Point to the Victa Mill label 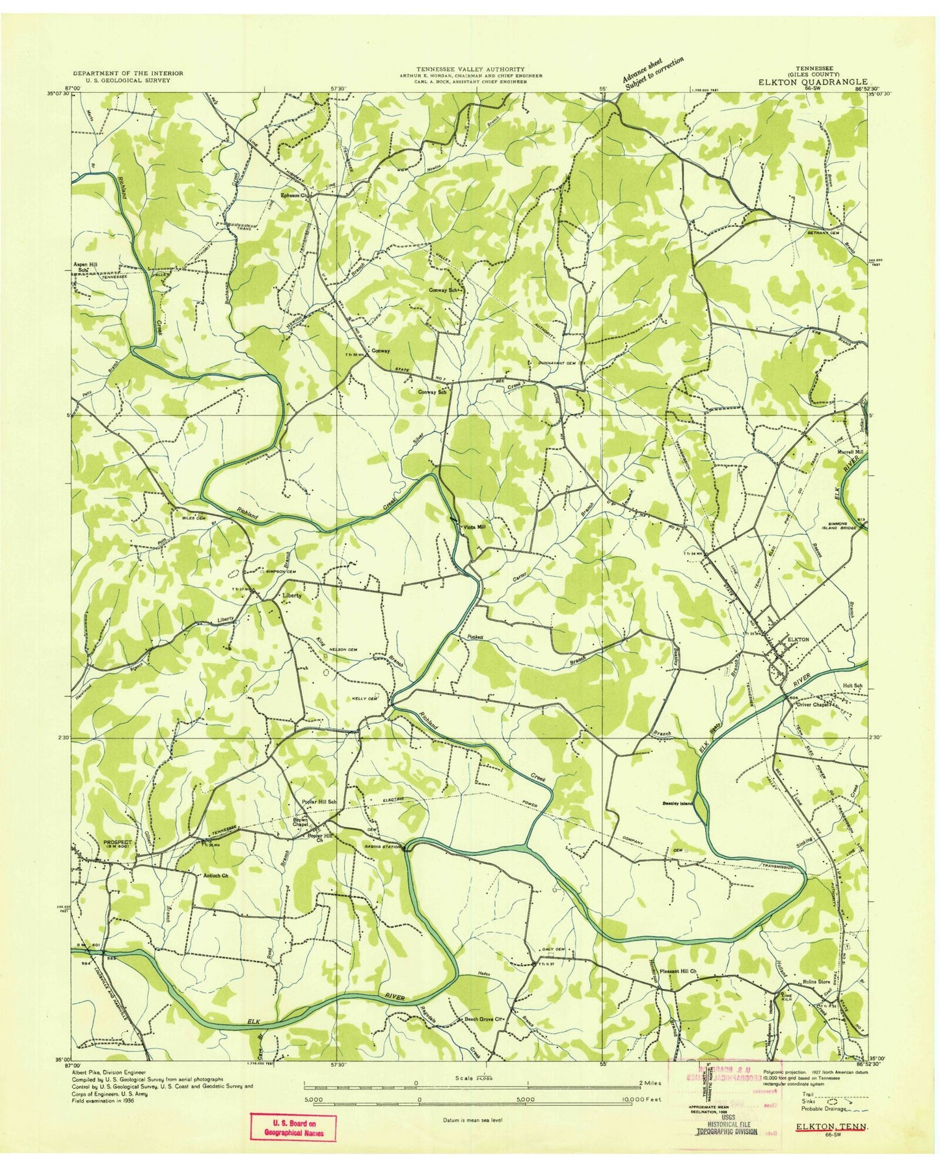point(473,527)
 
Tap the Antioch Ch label point(215,876)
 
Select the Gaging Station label point(383,847)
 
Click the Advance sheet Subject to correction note point(654,73)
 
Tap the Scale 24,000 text point(479,1078)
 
